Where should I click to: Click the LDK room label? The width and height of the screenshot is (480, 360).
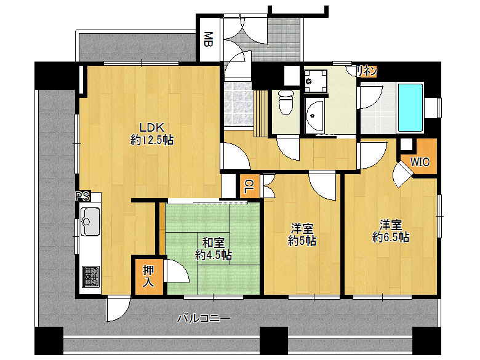[150, 127]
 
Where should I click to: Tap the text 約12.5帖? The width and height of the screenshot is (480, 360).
[152, 140]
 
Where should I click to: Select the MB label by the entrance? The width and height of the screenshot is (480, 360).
[209, 40]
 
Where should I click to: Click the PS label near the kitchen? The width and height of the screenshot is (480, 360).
[82, 197]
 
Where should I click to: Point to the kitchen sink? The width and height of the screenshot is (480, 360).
[90, 221]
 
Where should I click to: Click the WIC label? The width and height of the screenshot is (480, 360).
[420, 162]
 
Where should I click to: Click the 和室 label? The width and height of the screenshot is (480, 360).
[212, 242]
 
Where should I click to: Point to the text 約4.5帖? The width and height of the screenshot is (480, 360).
[214, 254]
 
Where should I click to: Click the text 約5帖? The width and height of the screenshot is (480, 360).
[302, 242]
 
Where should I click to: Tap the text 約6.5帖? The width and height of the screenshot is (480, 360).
[391, 236]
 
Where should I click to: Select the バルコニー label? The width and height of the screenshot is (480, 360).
[204, 318]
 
